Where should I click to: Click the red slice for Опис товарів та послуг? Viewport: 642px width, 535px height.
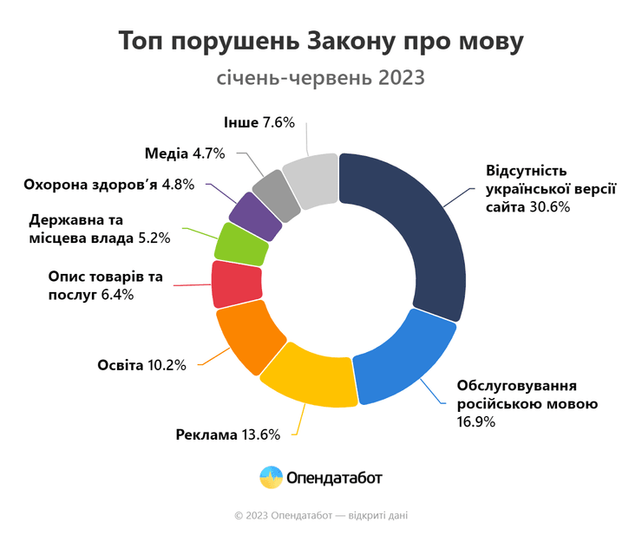point(237,283)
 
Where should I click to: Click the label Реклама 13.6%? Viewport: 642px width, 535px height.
point(227,434)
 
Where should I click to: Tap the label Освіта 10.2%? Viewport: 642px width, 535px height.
point(141,364)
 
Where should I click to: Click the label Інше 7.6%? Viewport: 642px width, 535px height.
point(259,122)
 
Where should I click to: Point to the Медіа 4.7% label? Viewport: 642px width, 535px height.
point(185,153)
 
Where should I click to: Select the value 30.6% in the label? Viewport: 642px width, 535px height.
point(549,207)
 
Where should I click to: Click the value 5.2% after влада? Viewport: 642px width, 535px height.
point(153,237)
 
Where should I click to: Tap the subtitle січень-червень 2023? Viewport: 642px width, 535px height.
point(320,78)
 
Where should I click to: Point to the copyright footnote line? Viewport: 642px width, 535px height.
point(320,515)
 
